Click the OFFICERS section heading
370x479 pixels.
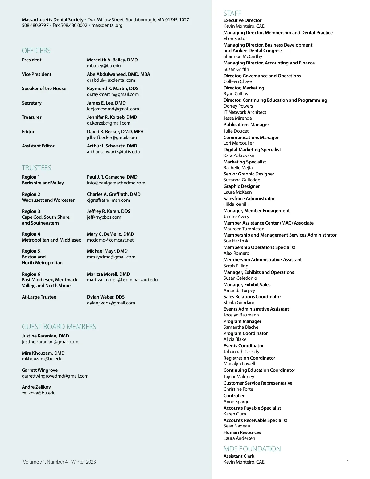(36, 51)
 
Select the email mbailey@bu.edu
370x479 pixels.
(104, 66)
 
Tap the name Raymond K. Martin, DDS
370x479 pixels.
(113, 89)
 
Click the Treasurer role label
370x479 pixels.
(31, 117)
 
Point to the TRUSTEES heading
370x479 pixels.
(36, 168)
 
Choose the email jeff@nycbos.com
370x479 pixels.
(104, 217)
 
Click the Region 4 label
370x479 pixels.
(31, 234)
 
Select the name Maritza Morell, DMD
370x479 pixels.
(108, 274)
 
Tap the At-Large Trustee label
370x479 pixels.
(39, 297)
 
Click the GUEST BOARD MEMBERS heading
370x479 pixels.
(59, 327)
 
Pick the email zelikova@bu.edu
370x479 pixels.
(39, 393)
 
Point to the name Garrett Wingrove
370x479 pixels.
(40, 370)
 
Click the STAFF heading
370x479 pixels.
(232, 13)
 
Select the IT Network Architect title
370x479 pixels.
(245, 112)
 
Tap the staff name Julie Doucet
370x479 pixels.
(236, 131)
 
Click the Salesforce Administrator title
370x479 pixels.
(249, 199)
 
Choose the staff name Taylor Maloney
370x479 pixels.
(239, 377)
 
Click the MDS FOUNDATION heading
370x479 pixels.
(252, 449)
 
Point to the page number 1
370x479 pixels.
(348, 462)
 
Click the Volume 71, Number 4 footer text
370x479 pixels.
(59, 462)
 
